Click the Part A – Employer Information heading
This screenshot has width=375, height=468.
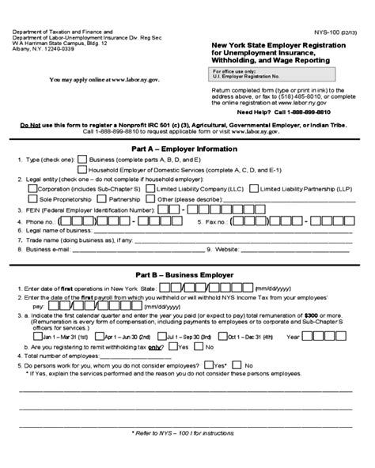point(187,149)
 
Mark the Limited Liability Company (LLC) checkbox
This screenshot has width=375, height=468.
point(150,190)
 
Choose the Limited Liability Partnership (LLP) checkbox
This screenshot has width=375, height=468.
point(252,190)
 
